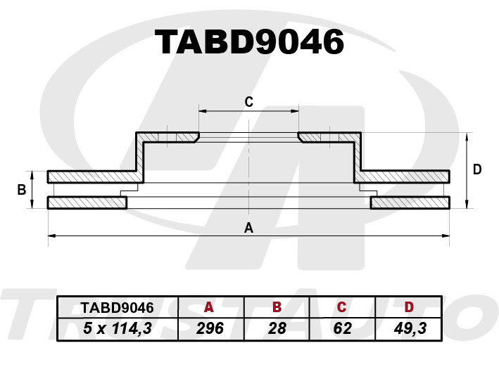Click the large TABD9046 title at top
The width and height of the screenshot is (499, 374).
coord(249,42)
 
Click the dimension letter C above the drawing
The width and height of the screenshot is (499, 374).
coord(249,102)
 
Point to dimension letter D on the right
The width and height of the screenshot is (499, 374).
coord(477,169)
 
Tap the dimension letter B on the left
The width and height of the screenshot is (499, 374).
coord(22,190)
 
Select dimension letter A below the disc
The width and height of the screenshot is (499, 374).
coord(248,228)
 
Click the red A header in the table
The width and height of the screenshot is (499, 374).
coord(209,307)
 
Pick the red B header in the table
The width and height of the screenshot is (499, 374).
coord(277,307)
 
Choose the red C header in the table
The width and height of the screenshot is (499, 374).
coord(341,307)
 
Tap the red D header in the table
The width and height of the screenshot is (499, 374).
coord(409,307)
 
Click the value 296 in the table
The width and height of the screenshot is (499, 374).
coord(210,328)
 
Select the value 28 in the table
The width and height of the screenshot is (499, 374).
coord(277,328)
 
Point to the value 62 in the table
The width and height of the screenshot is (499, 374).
coord(343,328)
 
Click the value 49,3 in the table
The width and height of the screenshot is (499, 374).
coord(410,328)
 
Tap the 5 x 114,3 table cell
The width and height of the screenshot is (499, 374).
coord(118,328)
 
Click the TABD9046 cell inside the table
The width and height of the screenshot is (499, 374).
coord(117,308)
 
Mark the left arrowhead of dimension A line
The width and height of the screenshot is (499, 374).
coord(51,236)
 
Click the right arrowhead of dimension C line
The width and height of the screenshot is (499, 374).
coord(295,111)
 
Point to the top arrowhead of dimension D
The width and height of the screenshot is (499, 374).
coord(467,136)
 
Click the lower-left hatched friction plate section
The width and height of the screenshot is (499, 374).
coord(87,202)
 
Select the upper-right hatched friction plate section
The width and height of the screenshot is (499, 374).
coord(402,176)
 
